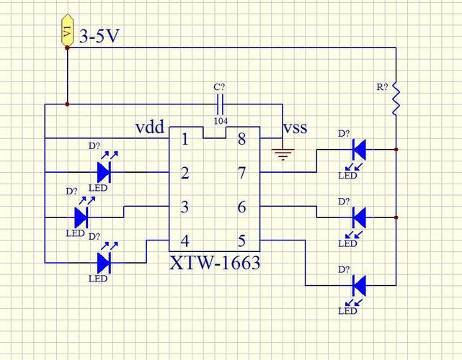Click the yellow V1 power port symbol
[x=67, y=30]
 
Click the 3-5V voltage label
[x=99, y=37]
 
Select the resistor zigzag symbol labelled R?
[x=396, y=98]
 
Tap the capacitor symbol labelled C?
[x=220, y=104]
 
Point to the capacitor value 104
[x=221, y=121]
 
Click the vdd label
[x=150, y=127]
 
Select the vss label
[x=296, y=128]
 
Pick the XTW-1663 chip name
[x=215, y=263]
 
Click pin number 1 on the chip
[x=185, y=139]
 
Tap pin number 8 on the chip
[x=242, y=139]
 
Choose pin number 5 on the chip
[x=241, y=240]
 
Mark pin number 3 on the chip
[x=185, y=207]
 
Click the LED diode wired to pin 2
[x=104, y=172]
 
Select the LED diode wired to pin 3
[x=81, y=217]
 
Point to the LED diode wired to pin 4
[x=104, y=263]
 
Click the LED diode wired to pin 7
[x=360, y=150]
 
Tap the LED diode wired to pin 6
[x=360, y=217]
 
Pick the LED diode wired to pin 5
[x=360, y=286]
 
